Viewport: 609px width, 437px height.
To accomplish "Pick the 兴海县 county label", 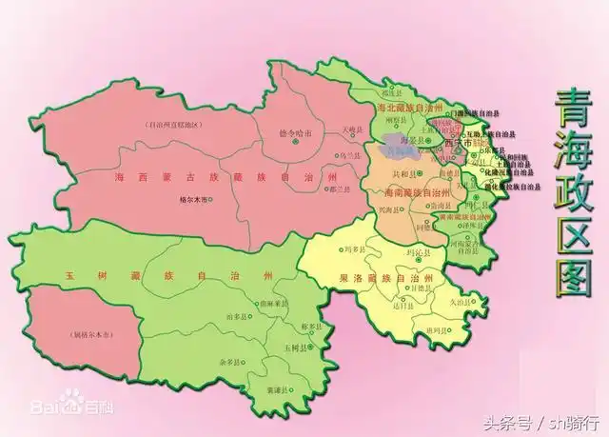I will click(394, 207).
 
